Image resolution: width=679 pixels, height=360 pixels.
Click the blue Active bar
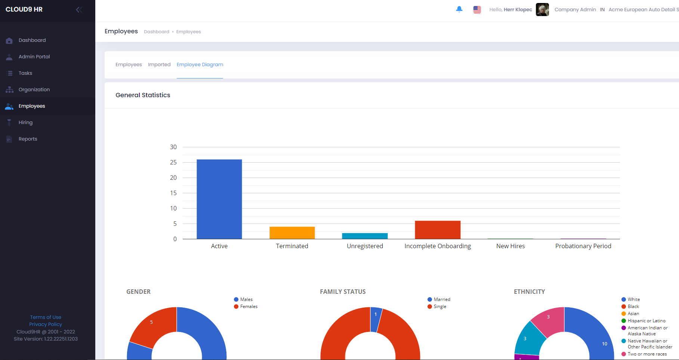click(x=219, y=199)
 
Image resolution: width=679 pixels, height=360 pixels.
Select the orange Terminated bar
click(x=292, y=233)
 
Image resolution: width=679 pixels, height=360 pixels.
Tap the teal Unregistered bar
click(x=365, y=236)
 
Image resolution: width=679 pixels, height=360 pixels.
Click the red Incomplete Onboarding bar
click(x=438, y=230)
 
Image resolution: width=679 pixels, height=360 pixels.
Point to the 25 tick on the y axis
click(x=173, y=162)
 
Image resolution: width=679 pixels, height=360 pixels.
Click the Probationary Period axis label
click(x=583, y=246)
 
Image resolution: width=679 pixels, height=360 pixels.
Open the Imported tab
click(x=159, y=65)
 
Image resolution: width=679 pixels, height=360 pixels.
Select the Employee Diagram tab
click(x=200, y=65)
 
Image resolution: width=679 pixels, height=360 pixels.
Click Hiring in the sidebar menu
click(x=25, y=123)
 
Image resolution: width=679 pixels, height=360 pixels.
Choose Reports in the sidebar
click(x=28, y=139)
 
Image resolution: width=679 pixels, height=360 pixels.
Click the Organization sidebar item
click(x=34, y=90)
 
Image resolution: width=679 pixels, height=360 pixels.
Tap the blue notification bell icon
click(x=459, y=9)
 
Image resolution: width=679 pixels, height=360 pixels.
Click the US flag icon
click(x=477, y=10)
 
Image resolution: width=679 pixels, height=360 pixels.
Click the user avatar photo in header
click(x=542, y=10)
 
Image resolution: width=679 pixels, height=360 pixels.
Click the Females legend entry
click(x=249, y=307)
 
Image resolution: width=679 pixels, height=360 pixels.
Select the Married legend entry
click(x=442, y=299)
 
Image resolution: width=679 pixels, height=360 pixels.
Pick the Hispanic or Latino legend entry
click(x=646, y=321)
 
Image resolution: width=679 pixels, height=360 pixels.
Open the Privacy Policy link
click(x=46, y=324)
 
